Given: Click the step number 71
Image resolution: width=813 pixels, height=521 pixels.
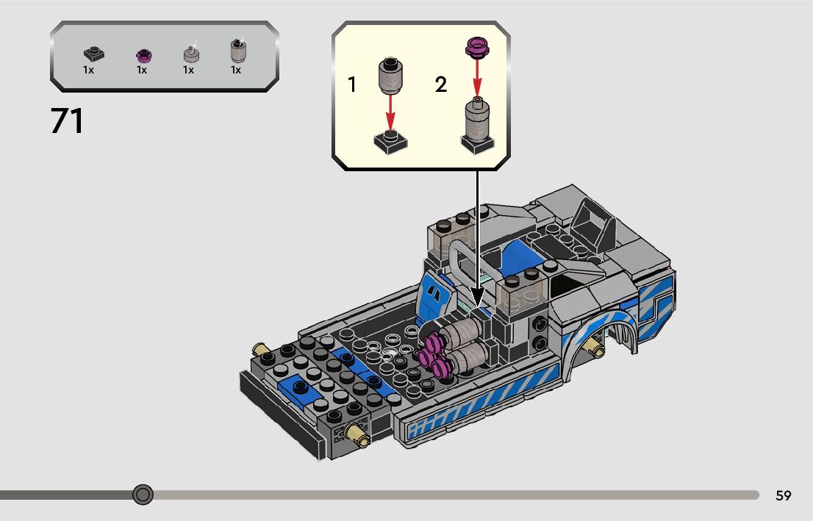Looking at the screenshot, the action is pyautogui.click(x=67, y=121).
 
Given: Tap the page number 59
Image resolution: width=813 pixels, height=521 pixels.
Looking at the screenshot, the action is pyautogui.click(x=783, y=495).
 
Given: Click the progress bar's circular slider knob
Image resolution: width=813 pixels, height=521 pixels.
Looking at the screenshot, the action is pyautogui.click(x=143, y=495).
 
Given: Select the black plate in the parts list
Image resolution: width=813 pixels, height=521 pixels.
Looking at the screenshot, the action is pyautogui.click(x=94, y=54).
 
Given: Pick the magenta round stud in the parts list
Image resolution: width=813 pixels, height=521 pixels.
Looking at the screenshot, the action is pyautogui.click(x=143, y=55).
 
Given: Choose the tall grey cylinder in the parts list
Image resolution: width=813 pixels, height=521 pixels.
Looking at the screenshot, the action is pyautogui.click(x=238, y=50).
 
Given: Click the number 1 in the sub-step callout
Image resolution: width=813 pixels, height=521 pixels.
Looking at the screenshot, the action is pyautogui.click(x=352, y=85).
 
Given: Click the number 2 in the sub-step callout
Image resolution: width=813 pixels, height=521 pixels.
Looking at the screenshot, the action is pyautogui.click(x=441, y=85).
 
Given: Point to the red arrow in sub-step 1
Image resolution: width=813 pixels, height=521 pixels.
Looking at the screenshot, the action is pyautogui.click(x=390, y=112).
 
